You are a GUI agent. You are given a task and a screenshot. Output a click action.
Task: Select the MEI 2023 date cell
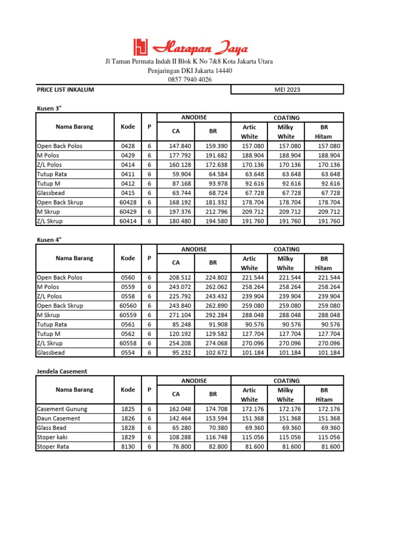click(287, 90)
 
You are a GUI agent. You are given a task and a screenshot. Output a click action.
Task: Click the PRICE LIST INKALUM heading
click(65, 90)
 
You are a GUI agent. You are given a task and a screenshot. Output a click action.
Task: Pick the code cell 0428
click(128, 146)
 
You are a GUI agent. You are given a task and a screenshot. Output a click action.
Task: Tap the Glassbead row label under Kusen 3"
click(52, 193)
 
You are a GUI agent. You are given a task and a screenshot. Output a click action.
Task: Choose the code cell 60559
click(128, 315)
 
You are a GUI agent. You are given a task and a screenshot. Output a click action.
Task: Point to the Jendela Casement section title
click(61, 371)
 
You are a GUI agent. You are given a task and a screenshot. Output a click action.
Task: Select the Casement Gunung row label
click(62, 409)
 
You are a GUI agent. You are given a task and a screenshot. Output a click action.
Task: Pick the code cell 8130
click(128, 447)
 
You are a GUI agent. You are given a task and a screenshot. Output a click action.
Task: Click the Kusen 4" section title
click(50, 240)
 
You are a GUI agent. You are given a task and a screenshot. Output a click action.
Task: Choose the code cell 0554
click(128, 353)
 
